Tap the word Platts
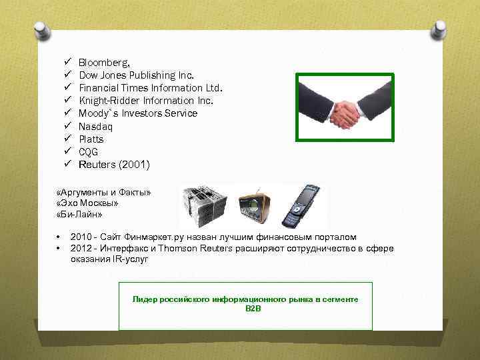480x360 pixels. tap(91, 139)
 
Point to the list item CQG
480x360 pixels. tap(89, 152)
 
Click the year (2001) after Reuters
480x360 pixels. tap(134, 165)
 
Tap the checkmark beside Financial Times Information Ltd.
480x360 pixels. tap(67, 88)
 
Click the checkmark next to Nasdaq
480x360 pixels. tap(67, 126)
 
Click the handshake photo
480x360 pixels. tap(345, 107)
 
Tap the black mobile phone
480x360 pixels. tap(300, 206)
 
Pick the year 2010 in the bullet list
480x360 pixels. tap(81, 237)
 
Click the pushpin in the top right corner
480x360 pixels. tap(441, 29)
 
